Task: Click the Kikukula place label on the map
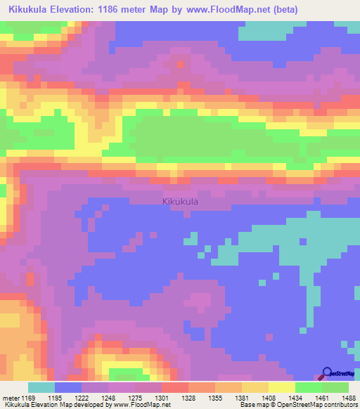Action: click(180, 202)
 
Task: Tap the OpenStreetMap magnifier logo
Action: click(328, 373)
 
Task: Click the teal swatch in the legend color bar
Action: click(41, 387)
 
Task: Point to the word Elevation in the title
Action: click(84, 10)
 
